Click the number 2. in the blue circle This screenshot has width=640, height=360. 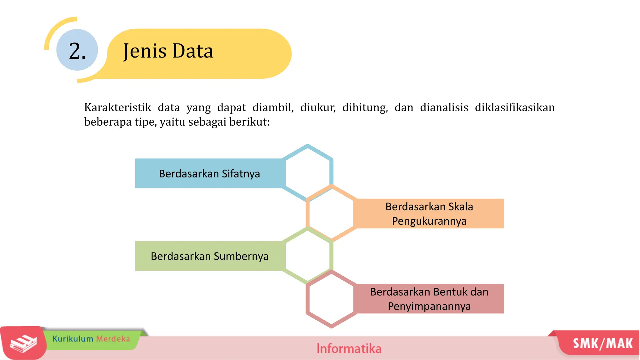click(77, 51)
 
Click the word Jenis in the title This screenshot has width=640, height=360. click(144, 51)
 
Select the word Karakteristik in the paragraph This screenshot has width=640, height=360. click(117, 107)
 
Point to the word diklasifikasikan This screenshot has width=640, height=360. click(514, 107)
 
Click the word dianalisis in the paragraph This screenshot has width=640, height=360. click(444, 107)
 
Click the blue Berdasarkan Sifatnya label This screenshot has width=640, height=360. click(209, 173)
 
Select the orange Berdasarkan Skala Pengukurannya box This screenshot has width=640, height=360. click(429, 214)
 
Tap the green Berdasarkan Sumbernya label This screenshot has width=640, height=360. click(209, 256)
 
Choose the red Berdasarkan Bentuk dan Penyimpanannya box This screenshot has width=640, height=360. click(429, 299)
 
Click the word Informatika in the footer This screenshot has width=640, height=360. click(349, 349)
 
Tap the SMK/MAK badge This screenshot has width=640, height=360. click(602, 343)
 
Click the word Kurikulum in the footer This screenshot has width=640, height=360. click(73, 339)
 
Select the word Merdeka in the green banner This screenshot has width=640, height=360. click(113, 339)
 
